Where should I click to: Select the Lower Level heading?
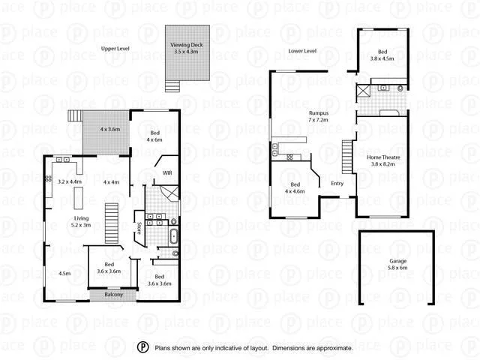pyautogui.click(x=302, y=51)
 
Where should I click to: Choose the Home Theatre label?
pyautogui.click(x=382, y=157)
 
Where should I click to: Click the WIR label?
pyautogui.click(x=168, y=173)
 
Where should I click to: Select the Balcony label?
pyautogui.click(x=114, y=294)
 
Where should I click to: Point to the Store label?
pyautogui.click(x=139, y=228)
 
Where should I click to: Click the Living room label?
pyautogui.click(x=81, y=218)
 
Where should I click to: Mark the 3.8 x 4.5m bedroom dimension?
pyautogui.click(x=382, y=58)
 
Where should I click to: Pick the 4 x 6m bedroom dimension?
pyautogui.click(x=154, y=139)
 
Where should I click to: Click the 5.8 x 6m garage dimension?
pyautogui.click(x=397, y=268)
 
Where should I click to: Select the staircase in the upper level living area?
pyautogui.click(x=112, y=223)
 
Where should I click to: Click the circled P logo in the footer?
pyautogui.click(x=142, y=347)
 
